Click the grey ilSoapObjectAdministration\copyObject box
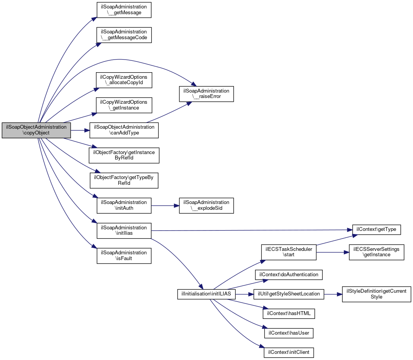coord(36,130)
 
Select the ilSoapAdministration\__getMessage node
coord(124,10)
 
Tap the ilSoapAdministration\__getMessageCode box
coord(124,35)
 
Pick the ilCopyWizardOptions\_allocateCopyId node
coord(124,80)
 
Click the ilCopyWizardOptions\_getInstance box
coord(124,105)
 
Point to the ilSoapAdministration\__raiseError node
coord(206,94)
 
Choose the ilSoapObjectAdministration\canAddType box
coord(124,130)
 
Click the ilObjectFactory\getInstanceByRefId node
coord(124,155)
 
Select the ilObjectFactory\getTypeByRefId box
coord(124,181)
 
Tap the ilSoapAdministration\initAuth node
coord(124,206)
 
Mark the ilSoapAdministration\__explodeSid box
coord(206,206)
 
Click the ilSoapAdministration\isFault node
coord(124,256)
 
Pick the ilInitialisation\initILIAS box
coord(206,294)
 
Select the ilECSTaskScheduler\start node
coord(289,252)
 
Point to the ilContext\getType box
coord(377,230)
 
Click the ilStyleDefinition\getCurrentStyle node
coord(377,294)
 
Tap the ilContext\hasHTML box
coord(289,314)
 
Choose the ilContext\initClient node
coord(289,353)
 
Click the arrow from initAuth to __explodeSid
coord(165,206)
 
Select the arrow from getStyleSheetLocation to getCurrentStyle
coord(333,294)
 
